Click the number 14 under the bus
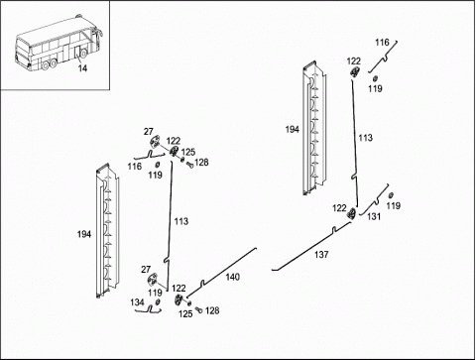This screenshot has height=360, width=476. tap(82, 68)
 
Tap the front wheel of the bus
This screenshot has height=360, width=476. tap(84, 53)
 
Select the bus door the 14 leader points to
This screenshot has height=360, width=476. tap(76, 54)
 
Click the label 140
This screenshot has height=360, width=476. tap(233, 277)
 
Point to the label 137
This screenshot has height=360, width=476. tap(321, 255)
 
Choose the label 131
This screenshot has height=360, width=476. tap(374, 216)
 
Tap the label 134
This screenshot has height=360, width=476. tap(137, 302)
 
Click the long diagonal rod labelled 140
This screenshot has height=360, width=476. tap(221, 273)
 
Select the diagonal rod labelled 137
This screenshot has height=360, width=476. tap(310, 246)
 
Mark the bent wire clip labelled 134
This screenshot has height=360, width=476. tap(150, 310)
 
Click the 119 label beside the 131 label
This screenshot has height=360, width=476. tap(393, 206)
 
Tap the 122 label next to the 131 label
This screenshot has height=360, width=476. tap(339, 208)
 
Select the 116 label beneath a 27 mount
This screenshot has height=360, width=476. tap(135, 167)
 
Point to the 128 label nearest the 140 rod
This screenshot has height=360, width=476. tap(212, 310)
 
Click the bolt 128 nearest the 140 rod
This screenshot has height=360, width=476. tap(198, 309)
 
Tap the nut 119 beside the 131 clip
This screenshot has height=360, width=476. tap(391, 194)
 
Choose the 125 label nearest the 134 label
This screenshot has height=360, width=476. tap(185, 313)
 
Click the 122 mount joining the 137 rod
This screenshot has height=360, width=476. tap(351, 213)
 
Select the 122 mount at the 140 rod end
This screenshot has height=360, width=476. tap(178, 300)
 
